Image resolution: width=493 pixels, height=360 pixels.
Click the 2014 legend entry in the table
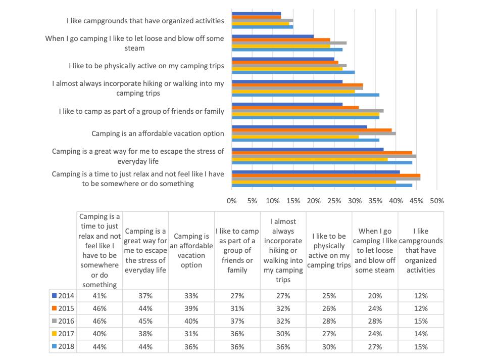(63, 295)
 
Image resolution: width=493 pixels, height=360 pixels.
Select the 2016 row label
(63, 321)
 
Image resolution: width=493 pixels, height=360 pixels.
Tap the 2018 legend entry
(63, 347)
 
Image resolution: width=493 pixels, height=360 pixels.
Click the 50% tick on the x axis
(436, 201)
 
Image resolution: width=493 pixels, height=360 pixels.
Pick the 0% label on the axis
(232, 201)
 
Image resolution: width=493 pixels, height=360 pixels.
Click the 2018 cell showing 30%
(329, 347)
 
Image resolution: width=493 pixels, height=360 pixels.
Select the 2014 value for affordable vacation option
(191, 295)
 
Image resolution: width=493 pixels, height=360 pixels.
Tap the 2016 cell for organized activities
(421, 321)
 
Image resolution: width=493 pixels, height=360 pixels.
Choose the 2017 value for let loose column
(375, 334)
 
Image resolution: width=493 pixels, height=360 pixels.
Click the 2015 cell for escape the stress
(146, 308)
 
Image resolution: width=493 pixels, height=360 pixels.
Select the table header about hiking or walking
(283, 250)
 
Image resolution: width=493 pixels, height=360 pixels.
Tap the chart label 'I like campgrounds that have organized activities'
(145, 21)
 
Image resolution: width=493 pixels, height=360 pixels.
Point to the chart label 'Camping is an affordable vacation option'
(158, 133)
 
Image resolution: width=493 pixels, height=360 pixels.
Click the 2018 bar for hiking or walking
(305, 95)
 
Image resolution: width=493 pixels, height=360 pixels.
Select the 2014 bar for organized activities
(256, 13)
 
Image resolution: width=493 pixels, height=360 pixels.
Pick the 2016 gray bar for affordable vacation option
(313, 133)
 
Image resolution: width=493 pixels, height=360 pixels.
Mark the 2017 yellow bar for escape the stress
(310, 159)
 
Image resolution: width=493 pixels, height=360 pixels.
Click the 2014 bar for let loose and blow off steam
(273, 36)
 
